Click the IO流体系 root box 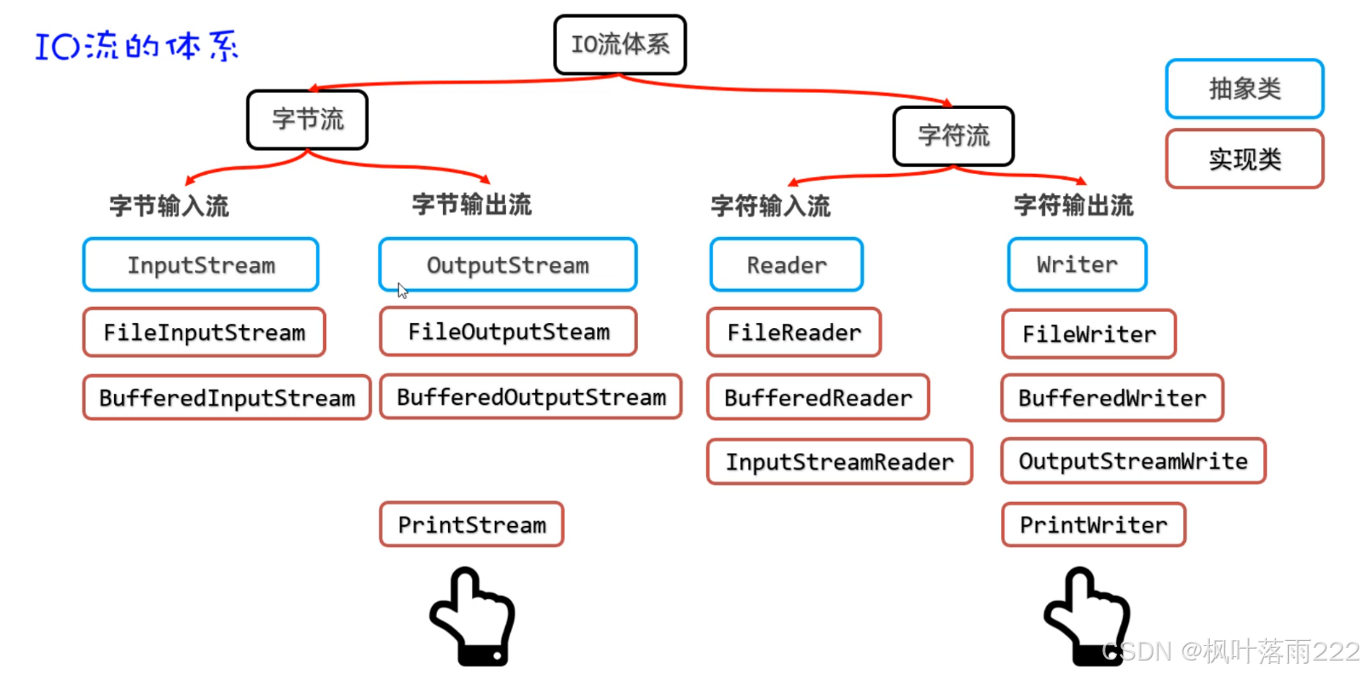coord(619,44)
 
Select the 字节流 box coord(308,119)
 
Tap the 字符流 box coord(953,136)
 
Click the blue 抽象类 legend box coord(1244,89)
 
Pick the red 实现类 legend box coord(1244,159)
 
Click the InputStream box coord(201,265)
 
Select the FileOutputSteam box coord(509,332)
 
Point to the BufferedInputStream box coord(227,398)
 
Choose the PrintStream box coord(471,524)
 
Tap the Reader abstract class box coord(786,265)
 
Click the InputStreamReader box coord(839,462)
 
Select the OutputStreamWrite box coord(1133,461)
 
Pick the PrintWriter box coord(1093,524)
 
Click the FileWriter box coord(1089,334)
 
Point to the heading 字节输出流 coord(471,205)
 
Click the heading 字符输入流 coord(770,205)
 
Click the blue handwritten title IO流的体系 coord(136,46)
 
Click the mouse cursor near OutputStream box coord(402,291)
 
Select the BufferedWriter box coord(1112,398)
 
